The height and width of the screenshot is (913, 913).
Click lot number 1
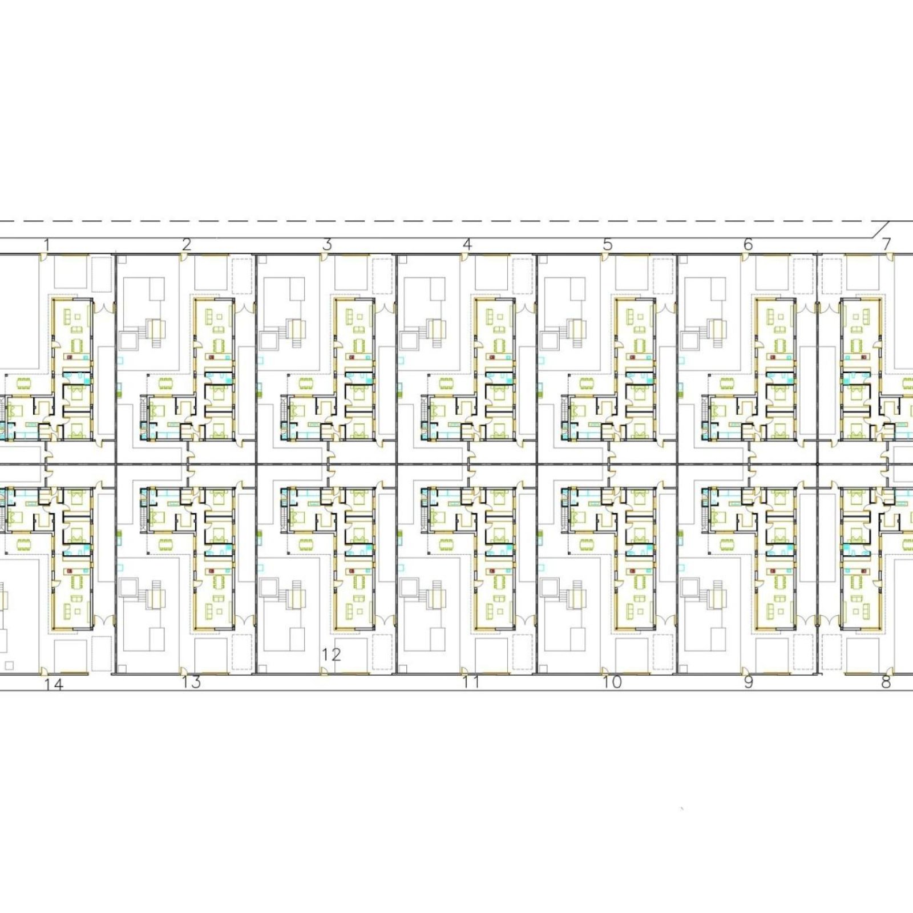click(x=47, y=245)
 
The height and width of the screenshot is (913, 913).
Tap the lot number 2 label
click(x=187, y=245)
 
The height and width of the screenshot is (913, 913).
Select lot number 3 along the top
click(x=327, y=245)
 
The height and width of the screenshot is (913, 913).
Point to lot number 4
click(x=467, y=245)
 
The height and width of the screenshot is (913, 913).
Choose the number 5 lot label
click(x=608, y=245)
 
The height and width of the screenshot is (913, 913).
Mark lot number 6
click(x=748, y=245)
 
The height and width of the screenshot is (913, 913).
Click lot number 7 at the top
click(x=886, y=245)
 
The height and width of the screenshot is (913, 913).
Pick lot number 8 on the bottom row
click(x=886, y=682)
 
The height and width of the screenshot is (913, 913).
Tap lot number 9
click(x=749, y=682)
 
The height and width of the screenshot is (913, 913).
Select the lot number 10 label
click(x=612, y=682)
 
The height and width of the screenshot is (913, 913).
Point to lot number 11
click(x=471, y=682)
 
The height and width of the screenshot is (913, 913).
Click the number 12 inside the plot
click(x=331, y=655)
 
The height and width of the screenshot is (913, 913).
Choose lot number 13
click(x=192, y=682)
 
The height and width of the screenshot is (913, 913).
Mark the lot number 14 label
click(x=54, y=685)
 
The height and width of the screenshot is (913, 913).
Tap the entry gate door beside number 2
click(x=183, y=258)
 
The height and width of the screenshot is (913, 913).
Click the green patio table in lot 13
click(x=166, y=543)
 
